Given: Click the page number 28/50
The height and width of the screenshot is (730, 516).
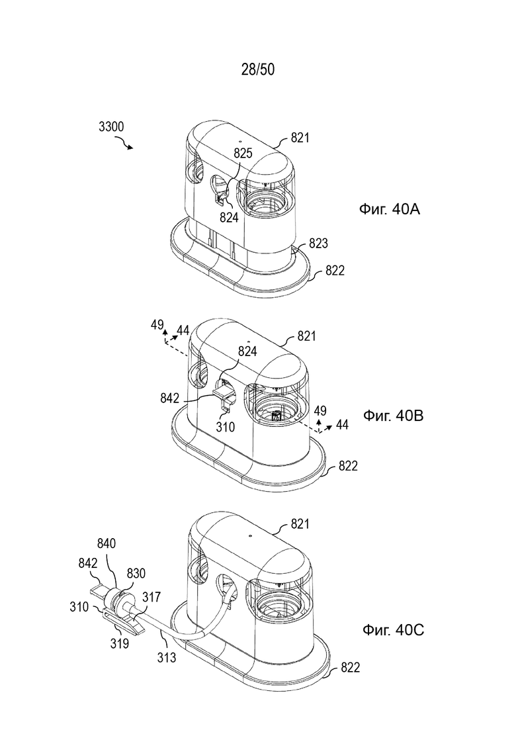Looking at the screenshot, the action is [258, 69].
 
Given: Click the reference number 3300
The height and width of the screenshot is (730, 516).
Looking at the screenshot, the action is [111, 126].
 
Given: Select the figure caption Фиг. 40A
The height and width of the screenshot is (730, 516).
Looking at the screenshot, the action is [390, 209].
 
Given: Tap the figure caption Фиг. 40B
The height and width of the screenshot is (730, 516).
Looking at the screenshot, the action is [393, 415].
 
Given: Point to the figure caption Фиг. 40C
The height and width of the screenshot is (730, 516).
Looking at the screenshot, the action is [393, 630].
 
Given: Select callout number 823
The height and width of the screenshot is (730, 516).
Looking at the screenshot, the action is [318, 243].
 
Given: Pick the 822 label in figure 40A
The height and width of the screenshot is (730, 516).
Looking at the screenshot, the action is [335, 271].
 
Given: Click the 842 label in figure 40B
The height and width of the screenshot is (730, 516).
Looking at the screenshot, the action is [169, 398].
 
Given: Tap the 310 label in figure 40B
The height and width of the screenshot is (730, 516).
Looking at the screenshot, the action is [225, 426].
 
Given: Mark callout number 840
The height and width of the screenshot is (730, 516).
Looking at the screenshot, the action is [107, 543].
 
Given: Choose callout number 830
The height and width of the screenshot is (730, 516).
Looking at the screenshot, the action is [136, 574].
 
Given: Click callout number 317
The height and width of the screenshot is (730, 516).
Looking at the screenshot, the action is [151, 597].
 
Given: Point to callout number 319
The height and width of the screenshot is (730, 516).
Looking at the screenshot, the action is [120, 643].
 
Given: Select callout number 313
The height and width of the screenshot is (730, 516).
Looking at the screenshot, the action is [167, 657].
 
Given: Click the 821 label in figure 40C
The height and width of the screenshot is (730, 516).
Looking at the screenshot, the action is [300, 524].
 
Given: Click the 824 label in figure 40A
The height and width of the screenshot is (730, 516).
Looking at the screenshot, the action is [229, 217].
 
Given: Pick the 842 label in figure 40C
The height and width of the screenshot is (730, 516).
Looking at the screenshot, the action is [88, 563].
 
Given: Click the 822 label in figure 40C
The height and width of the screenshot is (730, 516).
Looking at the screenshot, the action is [350, 668].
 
